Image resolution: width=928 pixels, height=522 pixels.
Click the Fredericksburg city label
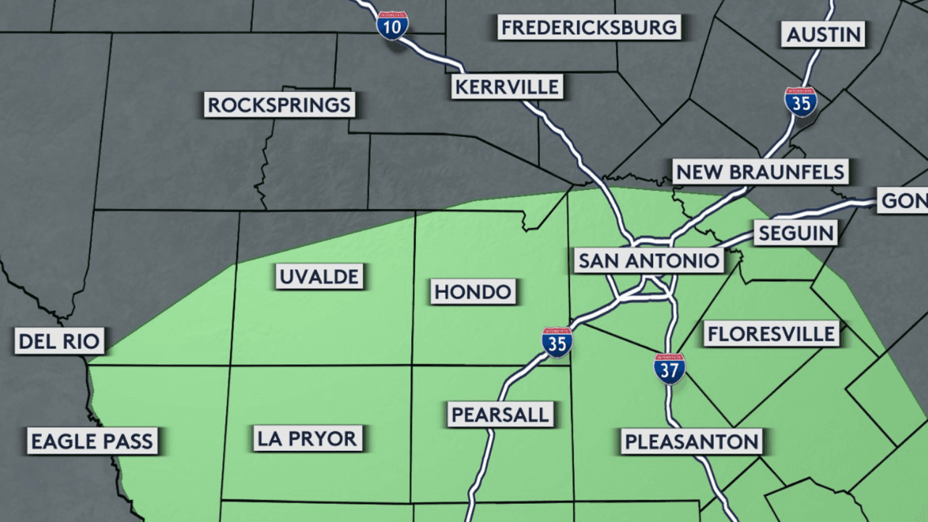click(x=589, y=28)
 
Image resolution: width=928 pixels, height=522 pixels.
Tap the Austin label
click(x=824, y=34)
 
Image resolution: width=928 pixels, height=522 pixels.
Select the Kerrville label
click(x=506, y=87)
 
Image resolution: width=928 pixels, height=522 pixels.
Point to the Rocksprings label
click(x=279, y=104)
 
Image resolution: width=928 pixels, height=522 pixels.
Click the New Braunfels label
click(x=760, y=173)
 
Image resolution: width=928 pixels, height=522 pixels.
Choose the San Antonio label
click(x=648, y=261)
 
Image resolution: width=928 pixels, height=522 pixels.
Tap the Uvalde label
click(x=319, y=276)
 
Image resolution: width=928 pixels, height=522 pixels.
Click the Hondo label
click(x=473, y=292)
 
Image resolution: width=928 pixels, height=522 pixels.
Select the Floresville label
click(x=771, y=333)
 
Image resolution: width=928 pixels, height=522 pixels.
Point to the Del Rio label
click(x=59, y=340)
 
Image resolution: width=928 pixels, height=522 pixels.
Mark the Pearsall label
click(x=500, y=415)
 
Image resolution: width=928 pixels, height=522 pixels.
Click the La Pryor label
click(x=307, y=438)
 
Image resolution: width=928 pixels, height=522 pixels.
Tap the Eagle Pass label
click(x=92, y=441)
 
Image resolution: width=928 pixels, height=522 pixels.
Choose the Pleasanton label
click(x=692, y=441)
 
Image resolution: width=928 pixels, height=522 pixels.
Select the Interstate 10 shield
click(x=392, y=25)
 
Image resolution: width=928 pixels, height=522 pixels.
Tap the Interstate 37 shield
click(x=669, y=368)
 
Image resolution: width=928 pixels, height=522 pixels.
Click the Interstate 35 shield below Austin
click(x=800, y=102)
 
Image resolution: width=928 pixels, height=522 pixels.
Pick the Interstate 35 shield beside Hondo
click(x=557, y=342)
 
